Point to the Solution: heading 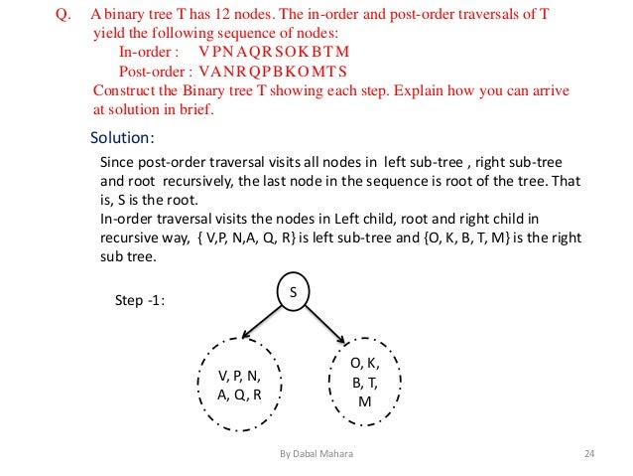click(122, 137)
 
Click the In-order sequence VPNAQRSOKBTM click(275, 53)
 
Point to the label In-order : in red click(149, 53)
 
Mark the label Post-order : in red click(154, 72)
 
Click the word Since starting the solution click(121, 162)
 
